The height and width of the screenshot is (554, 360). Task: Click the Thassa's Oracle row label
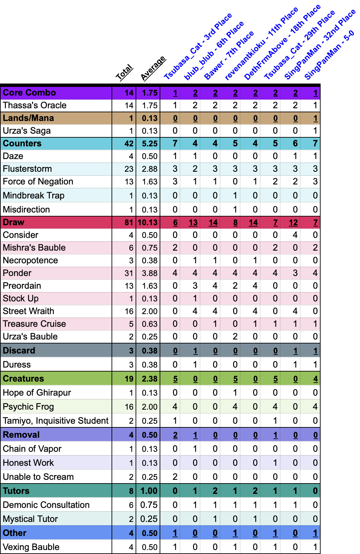pyautogui.click(x=35, y=105)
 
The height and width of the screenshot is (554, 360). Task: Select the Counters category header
pyautogui.click(x=22, y=143)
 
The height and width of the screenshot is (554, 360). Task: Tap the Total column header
pyautogui.click(x=124, y=72)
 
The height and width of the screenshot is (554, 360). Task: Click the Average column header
pyautogui.click(x=153, y=68)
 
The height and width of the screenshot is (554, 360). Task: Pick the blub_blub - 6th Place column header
pyautogui.click(x=214, y=51)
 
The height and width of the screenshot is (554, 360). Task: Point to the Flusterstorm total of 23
pyautogui.click(x=129, y=169)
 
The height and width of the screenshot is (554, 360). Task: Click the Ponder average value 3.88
pyautogui.click(x=149, y=273)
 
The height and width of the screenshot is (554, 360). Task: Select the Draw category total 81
pyautogui.click(x=129, y=222)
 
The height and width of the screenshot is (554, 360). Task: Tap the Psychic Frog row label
pyautogui.click(x=28, y=407)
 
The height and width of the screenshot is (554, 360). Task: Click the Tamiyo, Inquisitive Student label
pyautogui.click(x=56, y=421)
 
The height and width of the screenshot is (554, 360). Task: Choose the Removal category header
pyautogui.click(x=21, y=435)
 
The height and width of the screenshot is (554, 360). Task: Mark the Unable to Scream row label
pyautogui.click(x=38, y=477)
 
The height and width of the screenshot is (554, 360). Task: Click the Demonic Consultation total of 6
pyautogui.click(x=131, y=505)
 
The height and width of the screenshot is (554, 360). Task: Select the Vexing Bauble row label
pyautogui.click(x=31, y=547)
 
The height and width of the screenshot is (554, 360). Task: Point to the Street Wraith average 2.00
pyautogui.click(x=149, y=311)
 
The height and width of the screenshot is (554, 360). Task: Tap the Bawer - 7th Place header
pyautogui.click(x=229, y=55)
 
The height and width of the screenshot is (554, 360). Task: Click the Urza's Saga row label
pyautogui.click(x=27, y=131)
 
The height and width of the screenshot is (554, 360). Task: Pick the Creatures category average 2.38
pyautogui.click(x=149, y=379)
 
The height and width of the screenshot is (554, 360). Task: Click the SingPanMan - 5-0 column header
pyautogui.click(x=329, y=55)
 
